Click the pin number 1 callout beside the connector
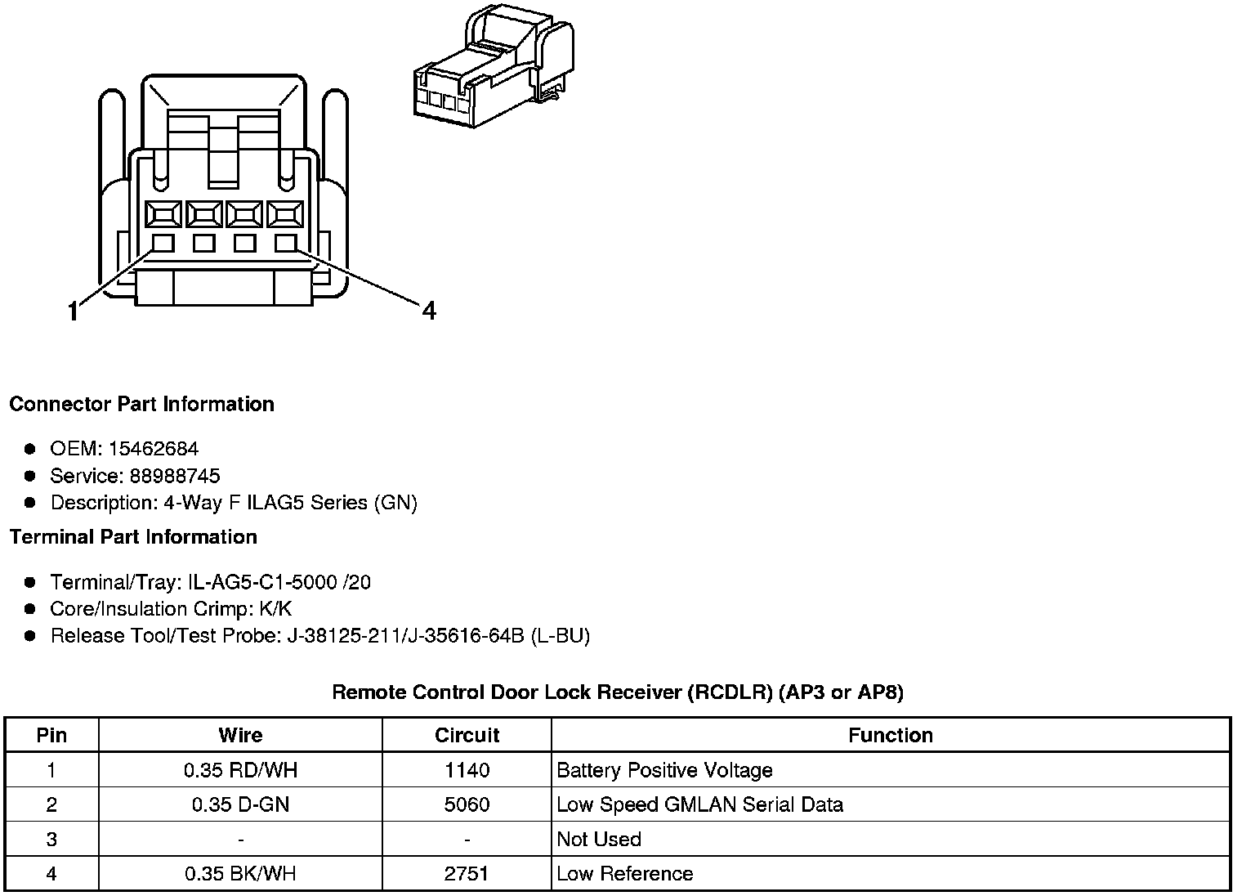(x=74, y=311)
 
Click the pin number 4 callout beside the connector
(x=429, y=311)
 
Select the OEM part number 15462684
(x=153, y=449)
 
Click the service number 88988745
(x=175, y=476)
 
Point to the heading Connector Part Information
(x=141, y=404)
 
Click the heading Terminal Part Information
(x=133, y=537)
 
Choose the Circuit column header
(x=467, y=735)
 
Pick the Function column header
(x=890, y=735)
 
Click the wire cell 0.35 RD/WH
(x=240, y=770)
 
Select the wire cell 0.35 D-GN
(x=240, y=804)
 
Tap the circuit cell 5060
(x=467, y=804)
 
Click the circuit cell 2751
(x=467, y=873)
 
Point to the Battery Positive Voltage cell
(x=664, y=770)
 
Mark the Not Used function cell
(x=599, y=839)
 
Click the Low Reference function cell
(x=624, y=873)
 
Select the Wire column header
(x=240, y=735)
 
